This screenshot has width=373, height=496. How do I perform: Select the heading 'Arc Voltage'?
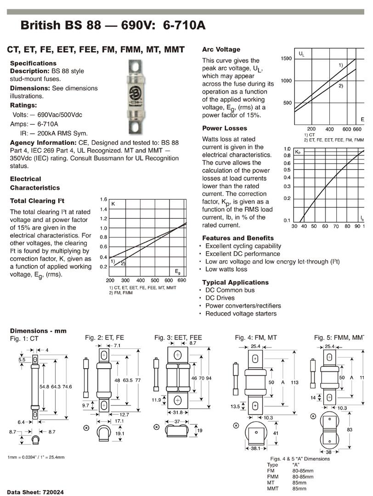(x=221, y=49)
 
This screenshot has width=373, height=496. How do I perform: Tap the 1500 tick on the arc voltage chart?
(x=286, y=58)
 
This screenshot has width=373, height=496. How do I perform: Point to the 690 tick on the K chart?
(x=182, y=280)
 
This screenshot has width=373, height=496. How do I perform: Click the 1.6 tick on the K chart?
(x=103, y=200)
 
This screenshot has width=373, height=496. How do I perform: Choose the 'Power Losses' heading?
(x=225, y=128)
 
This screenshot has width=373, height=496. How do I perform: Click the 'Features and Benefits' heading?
(x=238, y=238)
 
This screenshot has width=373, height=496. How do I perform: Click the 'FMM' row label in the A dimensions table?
(x=273, y=477)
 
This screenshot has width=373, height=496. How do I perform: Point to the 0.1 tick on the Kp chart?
(x=287, y=220)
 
